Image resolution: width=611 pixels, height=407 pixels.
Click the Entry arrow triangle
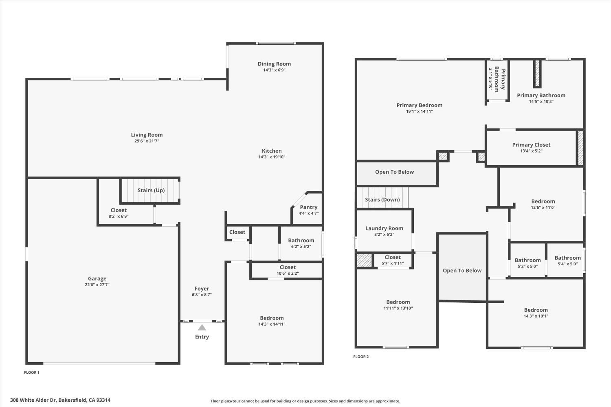pyautogui.click(x=202, y=327)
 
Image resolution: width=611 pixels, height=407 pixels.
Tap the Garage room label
pyautogui.click(x=97, y=278)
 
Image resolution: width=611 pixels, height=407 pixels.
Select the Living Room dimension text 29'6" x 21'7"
pyautogui.click(x=147, y=141)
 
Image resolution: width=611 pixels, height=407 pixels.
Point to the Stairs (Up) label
pyautogui.click(x=151, y=190)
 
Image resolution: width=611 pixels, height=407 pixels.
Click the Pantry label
pyautogui.click(x=308, y=207)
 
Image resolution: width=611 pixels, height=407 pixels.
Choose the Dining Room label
pyautogui.click(x=274, y=64)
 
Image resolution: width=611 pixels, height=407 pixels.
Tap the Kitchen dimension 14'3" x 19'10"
pyautogui.click(x=272, y=157)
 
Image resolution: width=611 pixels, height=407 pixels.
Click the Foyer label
pyautogui.click(x=202, y=289)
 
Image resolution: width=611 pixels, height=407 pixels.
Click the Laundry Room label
pyautogui.click(x=384, y=228)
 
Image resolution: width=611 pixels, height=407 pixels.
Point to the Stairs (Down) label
pyautogui.click(x=382, y=199)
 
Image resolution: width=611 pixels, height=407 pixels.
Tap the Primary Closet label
pyautogui.click(x=531, y=145)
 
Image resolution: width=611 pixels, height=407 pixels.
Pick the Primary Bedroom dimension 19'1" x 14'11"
pyautogui.click(x=419, y=111)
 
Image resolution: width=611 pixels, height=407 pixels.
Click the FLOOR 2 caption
pyautogui.click(x=361, y=357)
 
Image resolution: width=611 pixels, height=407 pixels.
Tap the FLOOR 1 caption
pyautogui.click(x=32, y=372)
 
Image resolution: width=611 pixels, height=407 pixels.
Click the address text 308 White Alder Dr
pyautogui.click(x=33, y=400)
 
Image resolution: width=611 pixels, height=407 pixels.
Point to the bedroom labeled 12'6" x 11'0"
pyautogui.click(x=543, y=204)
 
